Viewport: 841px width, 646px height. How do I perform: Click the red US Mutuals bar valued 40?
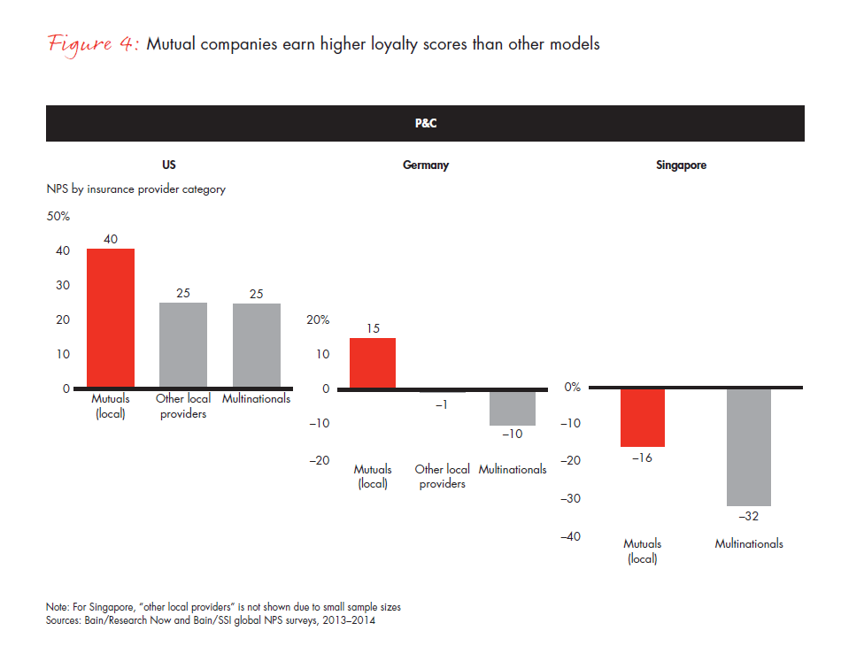coord(111,319)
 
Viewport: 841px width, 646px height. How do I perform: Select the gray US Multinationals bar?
coord(256,346)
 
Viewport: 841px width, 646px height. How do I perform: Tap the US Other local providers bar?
coord(183,346)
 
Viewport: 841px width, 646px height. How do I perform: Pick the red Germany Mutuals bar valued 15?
coord(373,364)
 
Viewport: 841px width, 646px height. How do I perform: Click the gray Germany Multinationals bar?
coord(513,408)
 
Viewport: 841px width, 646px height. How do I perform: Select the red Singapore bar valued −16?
coord(642,418)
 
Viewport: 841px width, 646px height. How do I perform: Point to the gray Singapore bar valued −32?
coord(748,447)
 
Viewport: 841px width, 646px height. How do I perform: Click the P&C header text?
coord(425,124)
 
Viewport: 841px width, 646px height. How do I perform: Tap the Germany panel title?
coord(425,165)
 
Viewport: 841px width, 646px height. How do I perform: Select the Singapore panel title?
coord(681,165)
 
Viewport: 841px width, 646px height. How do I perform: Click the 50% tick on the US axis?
coord(58,217)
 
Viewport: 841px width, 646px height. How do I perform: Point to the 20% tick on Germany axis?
coord(317,319)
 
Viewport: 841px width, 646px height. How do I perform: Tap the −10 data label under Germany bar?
coord(513,435)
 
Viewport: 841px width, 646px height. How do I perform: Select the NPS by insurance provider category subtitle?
coord(135,189)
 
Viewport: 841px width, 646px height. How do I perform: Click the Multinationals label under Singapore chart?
coord(749,544)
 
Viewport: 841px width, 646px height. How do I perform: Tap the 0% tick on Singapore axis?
coord(572,388)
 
